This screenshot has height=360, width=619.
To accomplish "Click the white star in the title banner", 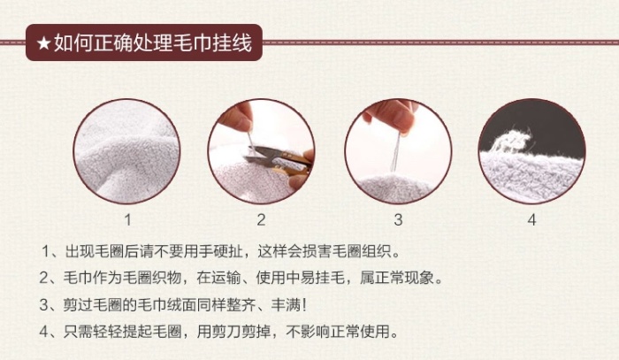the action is tap(43, 42).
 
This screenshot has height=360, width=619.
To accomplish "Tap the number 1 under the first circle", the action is tap(127, 219).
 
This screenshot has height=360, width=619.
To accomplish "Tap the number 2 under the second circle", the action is tap(261, 219).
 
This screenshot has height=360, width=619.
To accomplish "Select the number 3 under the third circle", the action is tap(398, 219).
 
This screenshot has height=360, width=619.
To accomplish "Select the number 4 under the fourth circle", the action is tap(531, 219).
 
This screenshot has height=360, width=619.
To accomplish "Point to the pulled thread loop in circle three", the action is tap(394, 153).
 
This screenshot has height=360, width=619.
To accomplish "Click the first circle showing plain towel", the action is tap(126, 151).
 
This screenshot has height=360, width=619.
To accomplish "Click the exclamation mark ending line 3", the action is tap(304, 305).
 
